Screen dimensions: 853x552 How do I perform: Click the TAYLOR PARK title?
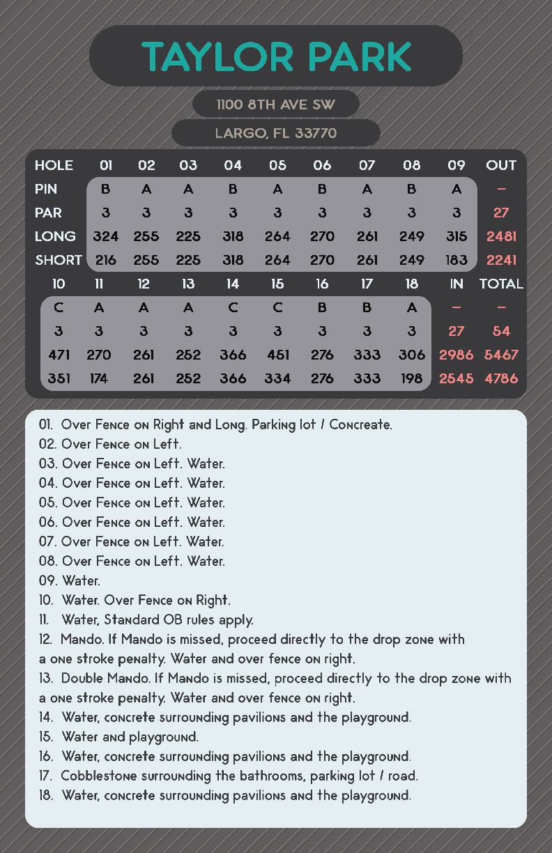click(x=276, y=57)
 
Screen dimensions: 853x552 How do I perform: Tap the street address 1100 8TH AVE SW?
click(x=276, y=105)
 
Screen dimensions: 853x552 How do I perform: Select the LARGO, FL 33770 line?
click(x=276, y=133)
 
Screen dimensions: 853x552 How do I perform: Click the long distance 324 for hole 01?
click(x=105, y=236)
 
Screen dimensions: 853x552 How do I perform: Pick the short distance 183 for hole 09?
click(x=456, y=260)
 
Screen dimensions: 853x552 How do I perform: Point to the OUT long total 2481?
click(x=501, y=236)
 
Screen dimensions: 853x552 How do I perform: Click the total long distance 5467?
click(x=501, y=355)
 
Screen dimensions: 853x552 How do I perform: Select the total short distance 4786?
click(x=501, y=378)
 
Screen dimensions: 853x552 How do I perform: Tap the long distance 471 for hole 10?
click(x=59, y=355)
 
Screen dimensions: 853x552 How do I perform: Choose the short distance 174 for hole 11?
click(x=99, y=378)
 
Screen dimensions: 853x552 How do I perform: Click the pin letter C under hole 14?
click(x=233, y=307)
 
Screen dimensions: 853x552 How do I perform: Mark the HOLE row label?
click(x=54, y=165)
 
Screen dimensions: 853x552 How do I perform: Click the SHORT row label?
click(x=59, y=260)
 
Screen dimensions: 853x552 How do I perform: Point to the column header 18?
click(x=412, y=284)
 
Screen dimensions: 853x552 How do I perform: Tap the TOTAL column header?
click(x=501, y=284)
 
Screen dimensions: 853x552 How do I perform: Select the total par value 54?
click(x=501, y=331)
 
